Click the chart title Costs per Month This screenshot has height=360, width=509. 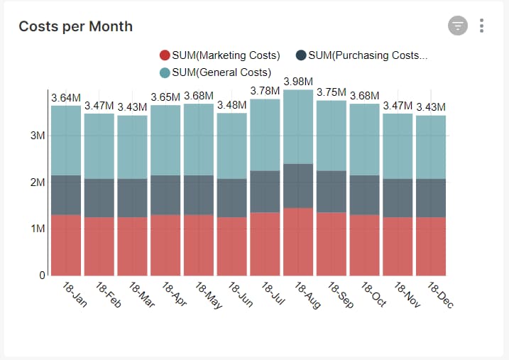[75, 26]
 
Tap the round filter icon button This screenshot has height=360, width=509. [458, 26]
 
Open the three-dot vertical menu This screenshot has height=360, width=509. [482, 26]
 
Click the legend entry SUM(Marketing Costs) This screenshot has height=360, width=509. [220, 55]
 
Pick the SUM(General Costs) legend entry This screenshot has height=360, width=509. [216, 72]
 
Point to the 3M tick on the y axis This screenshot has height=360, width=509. [38, 136]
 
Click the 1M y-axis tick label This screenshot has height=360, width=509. [38, 229]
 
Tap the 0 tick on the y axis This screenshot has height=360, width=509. [42, 275]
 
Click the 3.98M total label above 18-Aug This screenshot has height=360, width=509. [298, 82]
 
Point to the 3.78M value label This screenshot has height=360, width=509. [265, 91]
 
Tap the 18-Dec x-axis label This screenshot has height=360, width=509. [441, 295]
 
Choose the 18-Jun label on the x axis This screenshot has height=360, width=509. [241, 295]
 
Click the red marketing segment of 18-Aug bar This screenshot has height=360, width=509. [298, 241]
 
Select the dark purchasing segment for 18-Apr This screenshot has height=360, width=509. [165, 195]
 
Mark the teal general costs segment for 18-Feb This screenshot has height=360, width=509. [99, 146]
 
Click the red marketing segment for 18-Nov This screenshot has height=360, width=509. [398, 246]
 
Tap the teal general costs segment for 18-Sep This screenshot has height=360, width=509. [332, 136]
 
